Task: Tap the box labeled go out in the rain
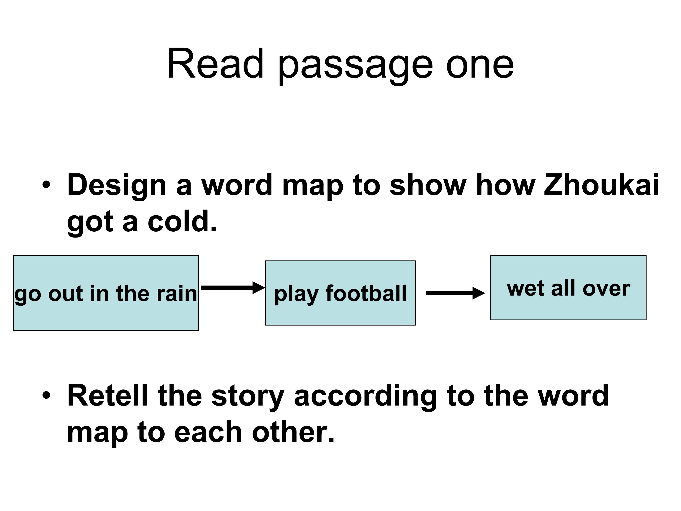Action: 106,293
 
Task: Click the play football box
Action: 340,293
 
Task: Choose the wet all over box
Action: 568,288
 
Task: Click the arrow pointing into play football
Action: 233,287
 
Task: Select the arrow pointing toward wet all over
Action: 456,293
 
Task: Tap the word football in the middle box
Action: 366,293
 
